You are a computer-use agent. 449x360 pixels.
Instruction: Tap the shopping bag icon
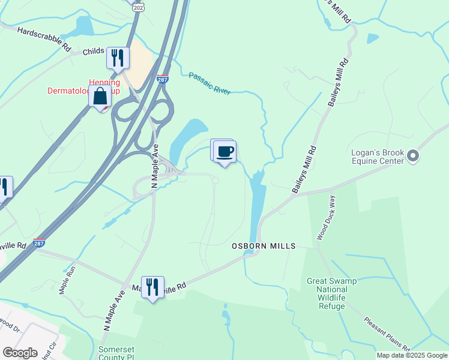[x=100, y=96]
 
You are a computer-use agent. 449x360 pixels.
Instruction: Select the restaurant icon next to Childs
[x=118, y=58]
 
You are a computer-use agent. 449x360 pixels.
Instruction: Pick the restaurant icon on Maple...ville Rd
[x=152, y=287]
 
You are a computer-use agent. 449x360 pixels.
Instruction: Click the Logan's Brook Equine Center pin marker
[x=412, y=156]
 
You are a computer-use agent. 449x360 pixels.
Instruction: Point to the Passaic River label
[x=209, y=83]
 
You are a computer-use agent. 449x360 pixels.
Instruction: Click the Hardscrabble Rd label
[x=44, y=38]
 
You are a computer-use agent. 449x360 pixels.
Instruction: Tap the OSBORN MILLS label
[x=264, y=246]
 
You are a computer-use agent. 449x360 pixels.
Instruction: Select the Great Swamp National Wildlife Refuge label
[x=327, y=293]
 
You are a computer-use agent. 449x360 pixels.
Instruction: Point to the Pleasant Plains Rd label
[x=387, y=334]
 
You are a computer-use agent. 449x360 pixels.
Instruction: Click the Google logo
[x=20, y=353]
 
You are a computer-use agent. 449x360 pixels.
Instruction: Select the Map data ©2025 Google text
[x=412, y=355]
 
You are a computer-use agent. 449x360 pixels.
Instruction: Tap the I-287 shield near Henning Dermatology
[x=162, y=79]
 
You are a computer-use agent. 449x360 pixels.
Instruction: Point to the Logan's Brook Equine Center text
[x=378, y=157]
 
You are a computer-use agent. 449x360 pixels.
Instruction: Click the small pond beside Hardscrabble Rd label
[x=83, y=26]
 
